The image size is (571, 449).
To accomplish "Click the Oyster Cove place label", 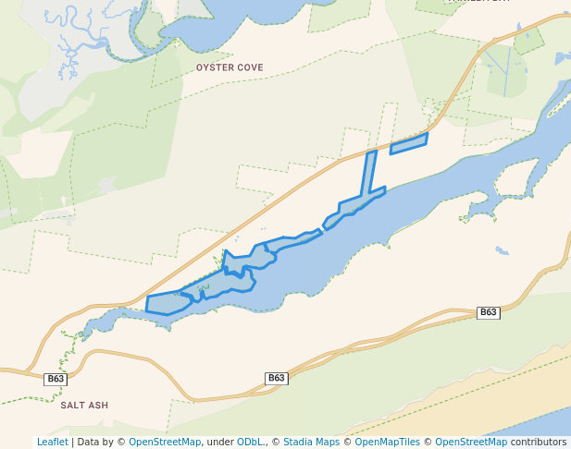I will tap(230, 67).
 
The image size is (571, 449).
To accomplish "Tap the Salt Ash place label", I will tap(84, 405).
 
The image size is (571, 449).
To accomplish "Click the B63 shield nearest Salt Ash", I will tap(56, 379).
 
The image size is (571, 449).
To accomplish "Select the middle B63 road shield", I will tap(277, 378).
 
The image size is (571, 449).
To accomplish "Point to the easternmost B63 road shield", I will tap(489, 312).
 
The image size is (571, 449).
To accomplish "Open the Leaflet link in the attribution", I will tap(52, 442).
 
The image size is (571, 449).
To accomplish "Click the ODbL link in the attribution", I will tap(251, 442).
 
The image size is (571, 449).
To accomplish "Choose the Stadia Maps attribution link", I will tap(311, 442).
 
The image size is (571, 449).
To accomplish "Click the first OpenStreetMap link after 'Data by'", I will tap(165, 442).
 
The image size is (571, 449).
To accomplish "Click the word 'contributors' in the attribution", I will tap(539, 442).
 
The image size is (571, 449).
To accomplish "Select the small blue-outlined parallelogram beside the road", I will tap(409, 143).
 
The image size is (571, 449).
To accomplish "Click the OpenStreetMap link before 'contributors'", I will tap(471, 442).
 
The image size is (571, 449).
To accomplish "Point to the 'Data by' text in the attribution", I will tap(100, 442).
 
